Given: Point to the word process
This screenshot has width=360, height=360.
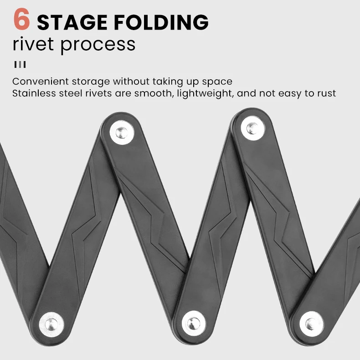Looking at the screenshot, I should [x=98, y=45].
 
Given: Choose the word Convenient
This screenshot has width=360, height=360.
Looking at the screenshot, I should [x=40, y=82].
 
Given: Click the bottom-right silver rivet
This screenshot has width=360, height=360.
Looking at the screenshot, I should [x=312, y=322].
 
